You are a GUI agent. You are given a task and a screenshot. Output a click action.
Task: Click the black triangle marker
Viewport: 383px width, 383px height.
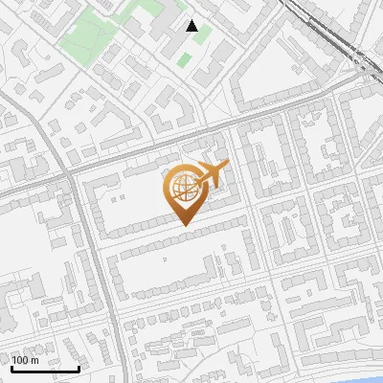(192, 26)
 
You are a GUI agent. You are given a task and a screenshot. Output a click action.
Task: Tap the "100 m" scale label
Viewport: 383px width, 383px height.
(25, 360)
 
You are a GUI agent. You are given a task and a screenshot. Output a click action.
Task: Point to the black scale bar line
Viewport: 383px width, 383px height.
(45, 369)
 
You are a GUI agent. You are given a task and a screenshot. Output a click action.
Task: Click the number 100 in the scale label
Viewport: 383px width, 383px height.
(20, 360)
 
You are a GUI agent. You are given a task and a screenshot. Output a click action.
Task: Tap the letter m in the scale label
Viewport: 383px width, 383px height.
(34, 360)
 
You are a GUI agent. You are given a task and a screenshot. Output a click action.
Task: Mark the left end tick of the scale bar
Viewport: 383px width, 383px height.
(11, 367)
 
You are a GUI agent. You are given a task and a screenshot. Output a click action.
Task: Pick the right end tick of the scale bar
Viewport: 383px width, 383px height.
(79, 367)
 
